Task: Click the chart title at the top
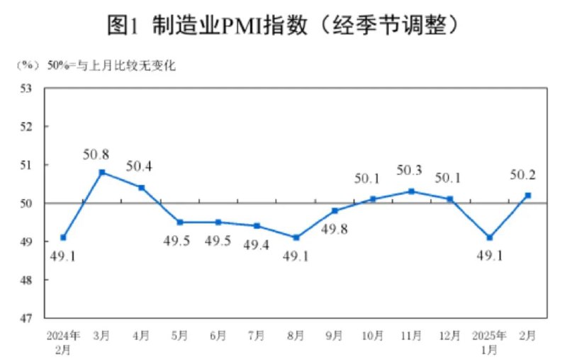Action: coord(283,26)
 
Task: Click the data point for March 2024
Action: coord(102,172)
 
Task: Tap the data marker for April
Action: coord(141,188)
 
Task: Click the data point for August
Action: coord(296,237)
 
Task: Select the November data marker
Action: coord(412,191)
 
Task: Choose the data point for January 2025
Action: coord(489,237)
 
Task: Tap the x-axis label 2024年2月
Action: coord(63,340)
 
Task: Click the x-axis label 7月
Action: coord(257,334)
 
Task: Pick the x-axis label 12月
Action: coord(450,334)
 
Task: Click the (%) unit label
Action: coord(28,67)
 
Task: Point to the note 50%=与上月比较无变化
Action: coord(111,67)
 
